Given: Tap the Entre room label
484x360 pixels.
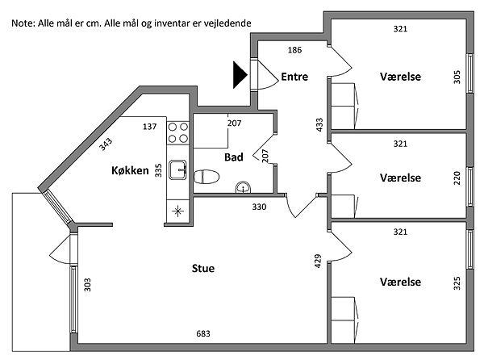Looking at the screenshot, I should point(294,77).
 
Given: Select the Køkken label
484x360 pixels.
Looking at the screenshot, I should point(130,171).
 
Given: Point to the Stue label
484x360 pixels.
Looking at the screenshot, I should point(202,268).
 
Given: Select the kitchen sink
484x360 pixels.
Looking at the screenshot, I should point(178,170).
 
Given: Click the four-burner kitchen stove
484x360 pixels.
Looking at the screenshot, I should point(177,132).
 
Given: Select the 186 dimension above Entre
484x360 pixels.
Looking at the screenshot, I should point(294,50).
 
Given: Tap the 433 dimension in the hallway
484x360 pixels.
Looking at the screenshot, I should point(319,125).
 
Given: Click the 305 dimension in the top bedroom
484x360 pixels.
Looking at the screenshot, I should point(457,77).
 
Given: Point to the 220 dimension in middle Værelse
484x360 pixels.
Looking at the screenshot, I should point(457,178).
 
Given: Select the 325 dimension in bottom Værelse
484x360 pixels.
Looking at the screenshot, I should point(457,283).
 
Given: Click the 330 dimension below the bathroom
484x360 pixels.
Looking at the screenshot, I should point(259,207).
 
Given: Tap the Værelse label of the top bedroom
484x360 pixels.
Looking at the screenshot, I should point(401,77).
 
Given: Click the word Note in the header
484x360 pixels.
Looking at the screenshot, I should point(23,23).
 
